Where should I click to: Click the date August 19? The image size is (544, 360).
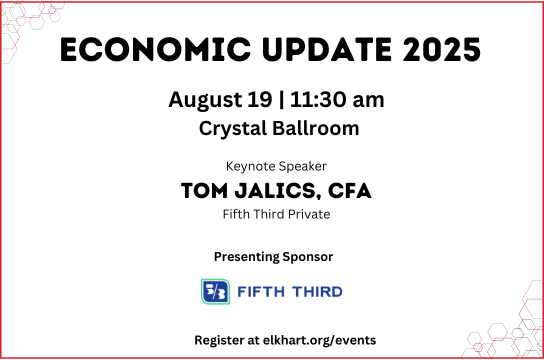point(220,100)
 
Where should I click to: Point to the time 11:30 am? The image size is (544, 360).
point(337,99)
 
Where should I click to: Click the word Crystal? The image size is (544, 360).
point(233,128)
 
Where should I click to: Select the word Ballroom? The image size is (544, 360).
point(315,128)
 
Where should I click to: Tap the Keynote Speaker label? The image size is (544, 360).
point(276,166)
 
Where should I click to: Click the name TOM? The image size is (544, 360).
point(204,190)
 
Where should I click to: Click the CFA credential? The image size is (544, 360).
point(349,190)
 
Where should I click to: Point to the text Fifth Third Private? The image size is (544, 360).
point(276,214)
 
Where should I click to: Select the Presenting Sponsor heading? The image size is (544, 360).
point(273,257)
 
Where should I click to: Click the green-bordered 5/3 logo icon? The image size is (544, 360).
point(215,291)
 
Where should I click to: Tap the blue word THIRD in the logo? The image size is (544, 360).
point(317,291)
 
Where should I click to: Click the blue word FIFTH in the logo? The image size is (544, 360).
point(261,291)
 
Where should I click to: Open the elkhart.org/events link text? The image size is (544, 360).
point(319,340)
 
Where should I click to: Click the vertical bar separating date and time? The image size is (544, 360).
point(281,100)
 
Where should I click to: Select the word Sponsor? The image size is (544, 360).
point(307,257)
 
